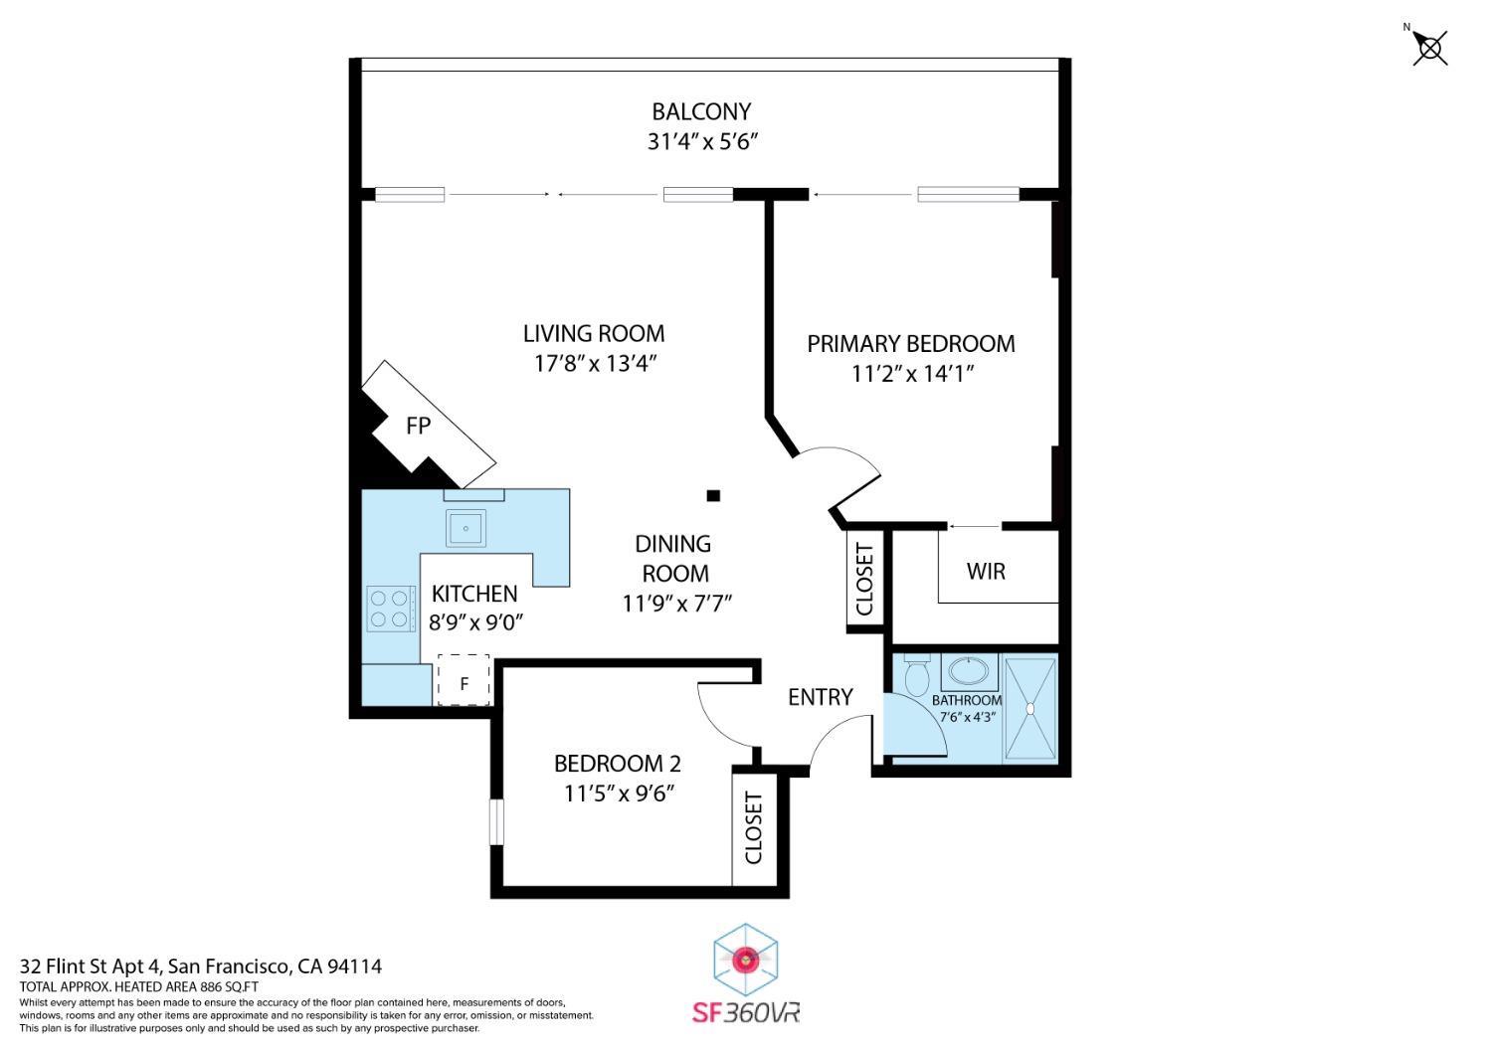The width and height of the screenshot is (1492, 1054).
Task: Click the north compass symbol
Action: point(1430,47)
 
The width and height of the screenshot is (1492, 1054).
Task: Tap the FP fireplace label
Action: point(418,426)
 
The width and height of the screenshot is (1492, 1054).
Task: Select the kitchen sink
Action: point(466,527)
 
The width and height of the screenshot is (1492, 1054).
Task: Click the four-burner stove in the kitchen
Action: point(391,609)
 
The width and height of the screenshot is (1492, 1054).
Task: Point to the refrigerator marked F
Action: point(464,681)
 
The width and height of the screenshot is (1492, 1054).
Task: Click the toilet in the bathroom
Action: point(917,675)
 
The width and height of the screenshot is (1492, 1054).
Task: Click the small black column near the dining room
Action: point(713,495)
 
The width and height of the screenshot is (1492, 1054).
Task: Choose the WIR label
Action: point(986,572)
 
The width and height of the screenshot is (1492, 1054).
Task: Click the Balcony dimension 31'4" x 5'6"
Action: point(702,141)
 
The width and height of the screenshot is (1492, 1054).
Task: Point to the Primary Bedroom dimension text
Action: point(911,374)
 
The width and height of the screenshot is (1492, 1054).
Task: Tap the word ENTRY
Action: point(820,697)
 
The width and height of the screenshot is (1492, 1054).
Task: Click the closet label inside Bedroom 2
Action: point(753,827)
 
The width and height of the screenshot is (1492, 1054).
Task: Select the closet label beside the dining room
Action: point(863,580)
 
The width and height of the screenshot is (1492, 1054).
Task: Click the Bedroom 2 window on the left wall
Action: point(495,822)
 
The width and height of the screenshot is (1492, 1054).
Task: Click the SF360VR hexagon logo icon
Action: point(745,960)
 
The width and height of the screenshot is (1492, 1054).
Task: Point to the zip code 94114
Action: point(355,966)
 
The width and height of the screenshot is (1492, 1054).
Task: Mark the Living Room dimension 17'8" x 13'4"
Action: point(595,363)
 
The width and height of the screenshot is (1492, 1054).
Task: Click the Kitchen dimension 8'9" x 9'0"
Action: point(475,622)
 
